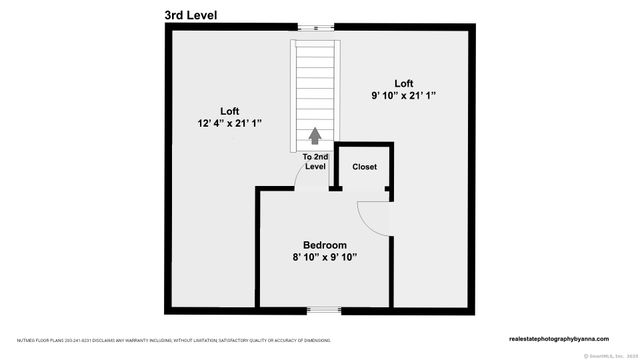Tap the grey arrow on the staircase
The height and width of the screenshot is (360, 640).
tap(316, 134)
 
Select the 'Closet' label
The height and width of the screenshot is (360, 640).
tap(364, 167)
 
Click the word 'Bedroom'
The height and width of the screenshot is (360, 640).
tap(325, 245)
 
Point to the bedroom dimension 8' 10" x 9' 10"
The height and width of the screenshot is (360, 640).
tap(325, 258)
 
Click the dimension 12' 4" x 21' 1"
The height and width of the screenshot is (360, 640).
tap(231, 124)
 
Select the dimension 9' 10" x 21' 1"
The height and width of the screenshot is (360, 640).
tap(403, 96)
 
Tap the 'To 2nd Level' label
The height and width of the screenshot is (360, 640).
tap(315, 162)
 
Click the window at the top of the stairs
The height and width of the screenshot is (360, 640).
tap(316, 26)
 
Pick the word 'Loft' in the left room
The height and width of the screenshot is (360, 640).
tap(231, 110)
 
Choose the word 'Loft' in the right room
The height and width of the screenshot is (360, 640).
tap(403, 83)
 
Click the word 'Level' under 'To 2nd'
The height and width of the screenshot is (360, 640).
tap(315, 167)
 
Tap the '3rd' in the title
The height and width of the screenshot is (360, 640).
tap(176, 15)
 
